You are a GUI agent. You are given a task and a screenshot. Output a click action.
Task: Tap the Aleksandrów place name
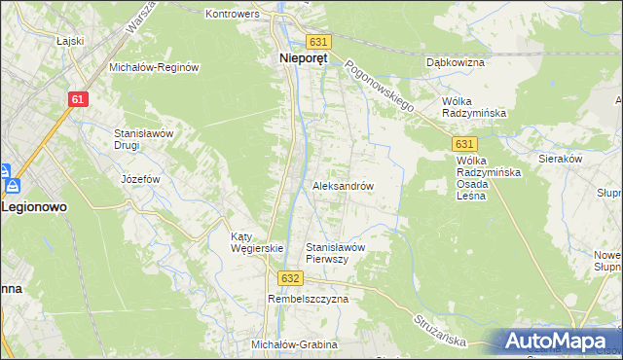pos(343,185)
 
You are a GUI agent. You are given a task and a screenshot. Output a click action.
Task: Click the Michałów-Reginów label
pos(154,67)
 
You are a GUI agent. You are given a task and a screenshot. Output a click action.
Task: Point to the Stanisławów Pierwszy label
pos(335,253)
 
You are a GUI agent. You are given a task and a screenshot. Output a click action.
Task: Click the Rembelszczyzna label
pos(308,300)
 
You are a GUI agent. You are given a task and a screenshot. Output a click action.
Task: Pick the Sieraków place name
pos(560,157)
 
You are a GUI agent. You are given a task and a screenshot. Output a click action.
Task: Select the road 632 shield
pos(288,277)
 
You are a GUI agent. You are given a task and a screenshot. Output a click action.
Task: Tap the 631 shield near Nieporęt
pos(319,42)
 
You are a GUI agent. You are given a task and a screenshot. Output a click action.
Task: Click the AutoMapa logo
pos(557,341)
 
